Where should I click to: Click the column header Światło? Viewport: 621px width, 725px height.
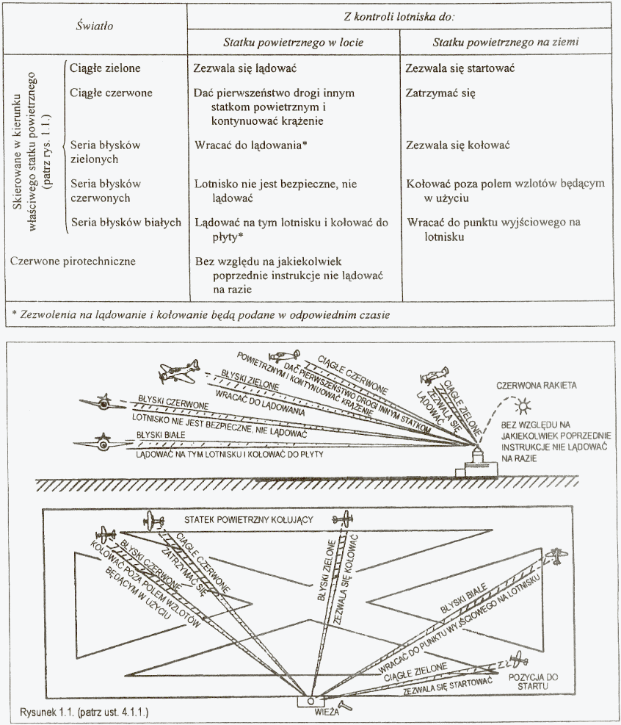point(95,26)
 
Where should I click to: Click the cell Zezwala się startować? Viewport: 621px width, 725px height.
point(459,68)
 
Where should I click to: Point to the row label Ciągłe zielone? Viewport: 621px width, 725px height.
point(105,68)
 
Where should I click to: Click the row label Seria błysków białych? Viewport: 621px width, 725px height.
point(125,220)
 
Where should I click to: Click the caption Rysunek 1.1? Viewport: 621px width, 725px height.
point(84,711)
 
